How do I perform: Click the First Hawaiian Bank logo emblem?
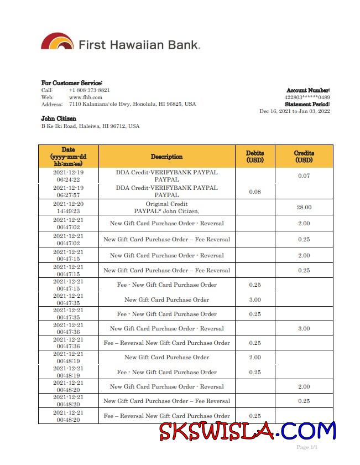(x=58, y=42)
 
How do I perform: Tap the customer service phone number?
(x=89, y=90)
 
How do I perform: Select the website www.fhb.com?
(x=85, y=97)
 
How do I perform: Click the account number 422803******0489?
(x=307, y=97)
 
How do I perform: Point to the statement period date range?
(x=294, y=111)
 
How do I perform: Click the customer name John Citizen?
(x=59, y=118)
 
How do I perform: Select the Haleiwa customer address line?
(x=90, y=126)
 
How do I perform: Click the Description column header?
(x=166, y=157)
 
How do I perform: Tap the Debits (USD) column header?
(x=255, y=157)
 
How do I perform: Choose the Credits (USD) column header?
(x=304, y=157)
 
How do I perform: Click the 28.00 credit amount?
(x=304, y=207)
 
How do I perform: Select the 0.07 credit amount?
(x=304, y=176)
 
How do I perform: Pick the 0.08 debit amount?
(x=255, y=192)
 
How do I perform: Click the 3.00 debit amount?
(x=255, y=299)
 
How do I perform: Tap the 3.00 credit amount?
(x=304, y=328)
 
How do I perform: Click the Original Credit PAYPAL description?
(x=166, y=207)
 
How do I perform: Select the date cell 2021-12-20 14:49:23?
(x=68, y=207)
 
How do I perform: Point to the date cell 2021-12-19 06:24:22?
(x=68, y=176)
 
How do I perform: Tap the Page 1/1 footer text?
(x=307, y=447)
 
